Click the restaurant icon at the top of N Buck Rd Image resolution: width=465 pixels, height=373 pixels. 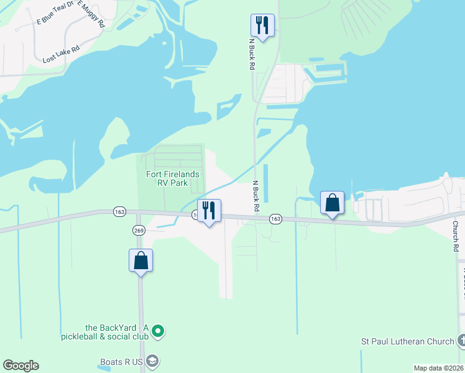(x=262, y=25)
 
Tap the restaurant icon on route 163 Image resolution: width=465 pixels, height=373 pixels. (x=209, y=211)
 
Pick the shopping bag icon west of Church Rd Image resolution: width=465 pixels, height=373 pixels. (x=332, y=202)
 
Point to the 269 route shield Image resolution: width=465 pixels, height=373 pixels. (x=138, y=230)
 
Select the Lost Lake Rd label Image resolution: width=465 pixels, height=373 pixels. (x=61, y=54)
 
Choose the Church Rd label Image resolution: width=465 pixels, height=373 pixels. (x=456, y=236)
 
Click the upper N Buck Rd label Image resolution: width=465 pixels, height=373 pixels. (x=252, y=54)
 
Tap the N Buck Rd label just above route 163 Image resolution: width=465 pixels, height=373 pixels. (x=255, y=196)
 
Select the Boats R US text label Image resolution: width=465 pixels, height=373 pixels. (x=122, y=361)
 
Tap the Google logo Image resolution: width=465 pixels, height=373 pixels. (x=21, y=366)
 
